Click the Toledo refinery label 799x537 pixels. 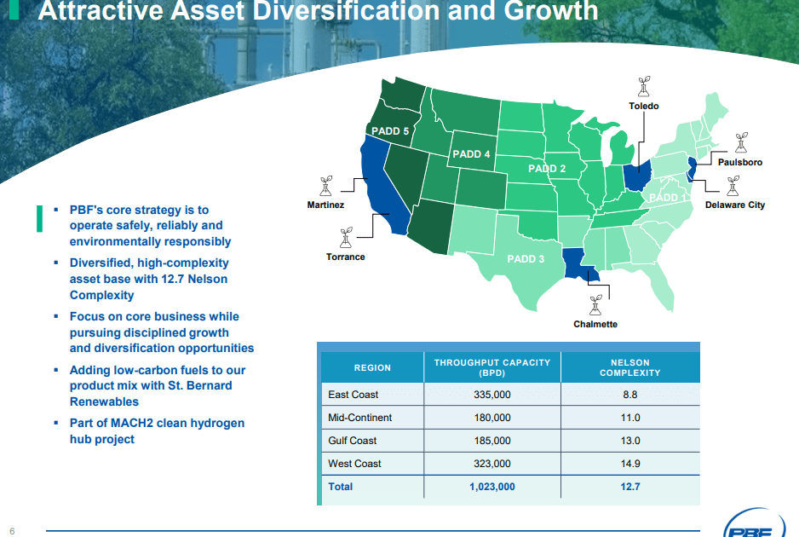coord(644,107)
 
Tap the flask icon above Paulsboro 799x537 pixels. coord(740,142)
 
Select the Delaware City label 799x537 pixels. coord(734,205)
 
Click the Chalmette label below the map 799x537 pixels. coord(595,324)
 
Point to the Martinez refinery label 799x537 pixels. coord(325,205)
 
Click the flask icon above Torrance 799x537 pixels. coord(346,236)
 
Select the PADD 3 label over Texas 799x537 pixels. coord(526,259)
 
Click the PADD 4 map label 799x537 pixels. coord(471,154)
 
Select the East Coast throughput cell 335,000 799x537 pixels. coord(491,395)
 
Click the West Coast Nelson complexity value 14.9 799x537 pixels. coord(630,464)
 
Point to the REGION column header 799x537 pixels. coord(372,367)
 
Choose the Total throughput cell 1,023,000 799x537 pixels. coord(491,487)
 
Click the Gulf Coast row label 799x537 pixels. coord(352,441)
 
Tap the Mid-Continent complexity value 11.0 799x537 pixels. coord(630,418)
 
